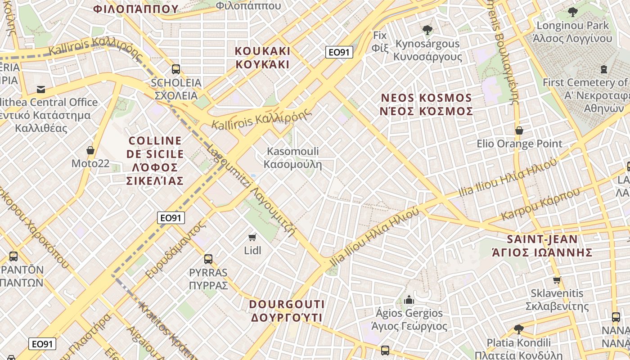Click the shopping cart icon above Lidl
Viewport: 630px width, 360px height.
(x=252, y=237)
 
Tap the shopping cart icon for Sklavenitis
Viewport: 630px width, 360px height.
(x=557, y=280)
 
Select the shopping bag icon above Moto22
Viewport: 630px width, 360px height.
(x=90, y=150)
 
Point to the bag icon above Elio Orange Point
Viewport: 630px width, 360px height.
(x=519, y=130)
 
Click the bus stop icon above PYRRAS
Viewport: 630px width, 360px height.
(x=208, y=259)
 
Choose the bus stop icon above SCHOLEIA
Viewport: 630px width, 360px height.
(x=176, y=69)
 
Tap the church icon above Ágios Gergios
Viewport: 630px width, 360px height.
(x=409, y=299)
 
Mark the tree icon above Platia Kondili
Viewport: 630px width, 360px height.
(x=519, y=329)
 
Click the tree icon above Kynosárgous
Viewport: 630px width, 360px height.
(x=427, y=30)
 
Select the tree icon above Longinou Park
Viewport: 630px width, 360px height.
(x=572, y=12)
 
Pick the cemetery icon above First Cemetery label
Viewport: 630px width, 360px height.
(x=603, y=69)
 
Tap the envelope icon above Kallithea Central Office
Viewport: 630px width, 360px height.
(x=41, y=89)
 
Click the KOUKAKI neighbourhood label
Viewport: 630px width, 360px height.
(x=262, y=57)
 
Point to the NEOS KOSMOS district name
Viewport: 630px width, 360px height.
(x=427, y=104)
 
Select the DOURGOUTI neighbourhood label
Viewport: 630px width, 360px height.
(x=287, y=310)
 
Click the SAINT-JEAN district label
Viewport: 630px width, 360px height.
(x=542, y=245)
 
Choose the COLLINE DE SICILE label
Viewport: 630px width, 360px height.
(x=155, y=161)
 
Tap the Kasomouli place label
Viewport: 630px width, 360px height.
(x=293, y=157)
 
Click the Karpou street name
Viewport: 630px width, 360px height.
(x=540, y=205)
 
